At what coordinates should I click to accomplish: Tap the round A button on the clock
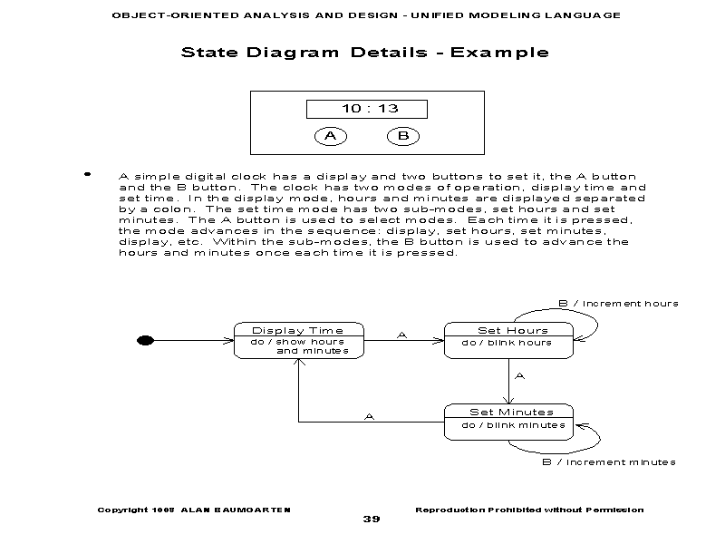331,136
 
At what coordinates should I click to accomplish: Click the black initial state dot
143,340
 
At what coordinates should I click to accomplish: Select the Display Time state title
298,330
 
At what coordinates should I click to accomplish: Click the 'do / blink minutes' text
513,424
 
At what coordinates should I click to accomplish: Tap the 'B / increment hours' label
617,303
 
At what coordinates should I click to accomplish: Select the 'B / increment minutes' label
609,461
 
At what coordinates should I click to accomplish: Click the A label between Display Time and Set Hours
402,335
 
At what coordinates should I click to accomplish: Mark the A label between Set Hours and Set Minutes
519,374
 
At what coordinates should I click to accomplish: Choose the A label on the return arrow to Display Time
369,416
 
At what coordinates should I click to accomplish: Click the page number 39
372,519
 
